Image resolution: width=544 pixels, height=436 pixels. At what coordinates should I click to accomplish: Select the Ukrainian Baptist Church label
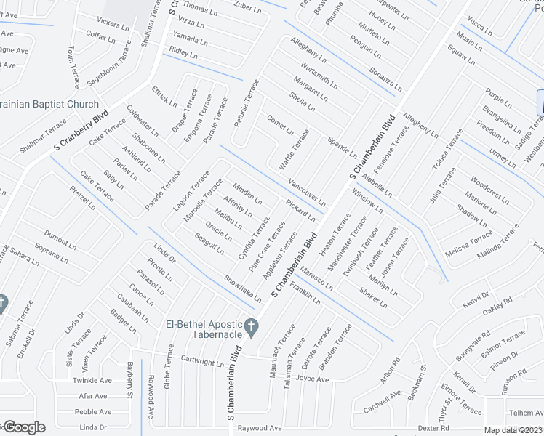tap(48, 105)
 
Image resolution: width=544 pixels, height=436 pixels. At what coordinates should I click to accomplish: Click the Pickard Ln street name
tap(300, 211)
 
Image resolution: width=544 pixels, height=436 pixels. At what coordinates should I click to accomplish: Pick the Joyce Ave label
tap(313, 379)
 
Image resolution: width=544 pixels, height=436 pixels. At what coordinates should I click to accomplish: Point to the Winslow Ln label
tap(367, 200)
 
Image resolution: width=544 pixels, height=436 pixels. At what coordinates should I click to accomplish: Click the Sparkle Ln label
tap(342, 148)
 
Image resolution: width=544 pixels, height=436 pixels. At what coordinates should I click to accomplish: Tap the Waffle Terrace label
tap(295, 148)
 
